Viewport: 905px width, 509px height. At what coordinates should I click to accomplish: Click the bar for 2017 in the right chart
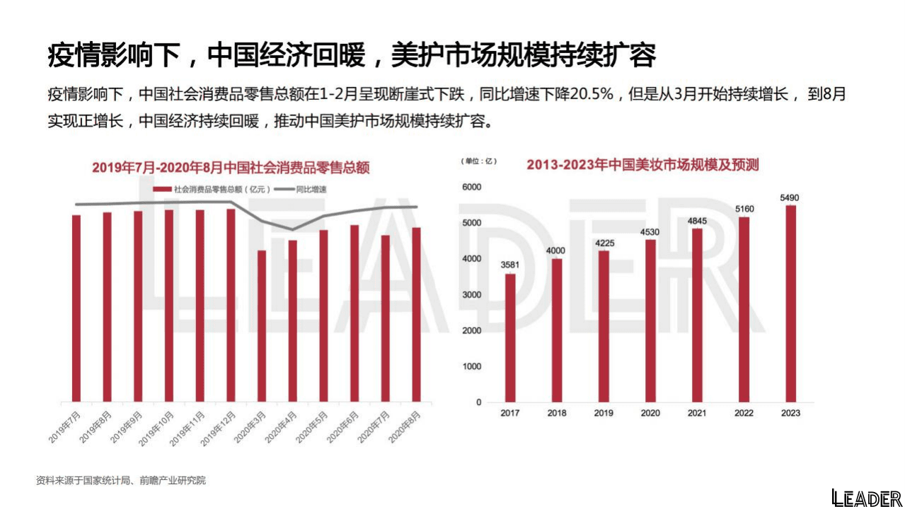pyautogui.click(x=510, y=338)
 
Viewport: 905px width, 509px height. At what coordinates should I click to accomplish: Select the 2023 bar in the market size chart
pyautogui.click(x=790, y=304)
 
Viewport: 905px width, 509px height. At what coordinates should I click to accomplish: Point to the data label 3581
pyautogui.click(x=510, y=265)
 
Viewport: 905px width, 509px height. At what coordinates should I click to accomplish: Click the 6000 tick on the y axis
pyautogui.click(x=471, y=187)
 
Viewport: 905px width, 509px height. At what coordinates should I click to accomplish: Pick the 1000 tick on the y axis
pyautogui.click(x=471, y=367)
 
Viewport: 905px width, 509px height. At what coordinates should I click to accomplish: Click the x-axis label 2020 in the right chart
pyautogui.click(x=650, y=413)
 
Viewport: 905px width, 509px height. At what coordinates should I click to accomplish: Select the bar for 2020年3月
pyautogui.click(x=262, y=326)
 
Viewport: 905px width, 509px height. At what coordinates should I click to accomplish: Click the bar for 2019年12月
pyautogui.click(x=231, y=304)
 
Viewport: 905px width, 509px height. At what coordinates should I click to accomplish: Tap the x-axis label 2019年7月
pyautogui.click(x=65, y=427)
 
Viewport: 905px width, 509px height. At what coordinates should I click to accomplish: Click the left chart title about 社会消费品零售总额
pyautogui.click(x=231, y=168)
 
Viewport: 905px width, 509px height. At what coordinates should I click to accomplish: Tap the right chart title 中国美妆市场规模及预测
pyautogui.click(x=642, y=165)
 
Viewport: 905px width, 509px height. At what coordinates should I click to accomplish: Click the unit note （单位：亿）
pyautogui.click(x=479, y=161)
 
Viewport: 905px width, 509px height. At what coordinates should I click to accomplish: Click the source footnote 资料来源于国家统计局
pyautogui.click(x=121, y=481)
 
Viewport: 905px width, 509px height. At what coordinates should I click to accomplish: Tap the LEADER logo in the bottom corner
pyautogui.click(x=866, y=498)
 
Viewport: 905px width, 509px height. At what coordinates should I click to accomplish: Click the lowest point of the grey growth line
pyautogui.click(x=292, y=229)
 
